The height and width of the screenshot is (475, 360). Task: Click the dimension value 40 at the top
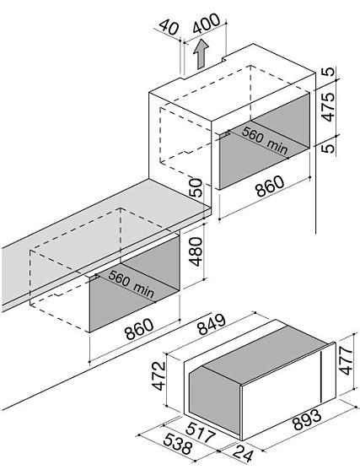tap(169, 28)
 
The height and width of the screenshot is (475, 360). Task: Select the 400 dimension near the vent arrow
tap(207, 23)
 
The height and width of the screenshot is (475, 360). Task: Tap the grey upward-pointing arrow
tap(201, 54)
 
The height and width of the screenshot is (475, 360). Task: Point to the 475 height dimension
tap(328, 106)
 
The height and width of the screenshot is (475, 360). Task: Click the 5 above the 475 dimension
tap(329, 72)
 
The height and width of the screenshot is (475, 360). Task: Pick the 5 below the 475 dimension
tap(329, 148)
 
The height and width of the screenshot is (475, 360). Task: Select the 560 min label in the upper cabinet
tap(265, 140)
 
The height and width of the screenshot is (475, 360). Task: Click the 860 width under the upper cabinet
tap(270, 186)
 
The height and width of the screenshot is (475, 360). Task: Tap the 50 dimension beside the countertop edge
tap(196, 188)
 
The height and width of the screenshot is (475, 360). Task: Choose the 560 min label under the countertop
tap(132, 283)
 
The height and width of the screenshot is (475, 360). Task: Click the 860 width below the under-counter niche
tap(139, 329)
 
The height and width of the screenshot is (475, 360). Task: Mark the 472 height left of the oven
tap(159, 375)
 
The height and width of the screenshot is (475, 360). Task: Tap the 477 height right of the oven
tap(346, 360)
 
